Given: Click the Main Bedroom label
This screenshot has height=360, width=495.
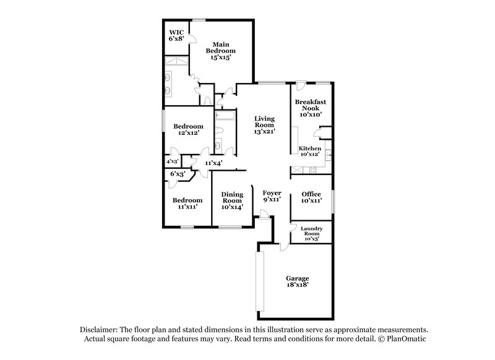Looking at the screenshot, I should tap(222, 49).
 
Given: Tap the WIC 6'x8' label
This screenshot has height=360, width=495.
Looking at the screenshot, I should tap(176, 34).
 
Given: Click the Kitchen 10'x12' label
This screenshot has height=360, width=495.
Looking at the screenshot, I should tap(309, 152).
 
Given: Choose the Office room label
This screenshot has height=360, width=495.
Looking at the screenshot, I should tap(310, 197).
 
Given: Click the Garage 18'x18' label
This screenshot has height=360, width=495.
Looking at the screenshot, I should tap(297, 281).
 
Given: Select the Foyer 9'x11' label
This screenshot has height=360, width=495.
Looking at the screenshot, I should tap(272, 197).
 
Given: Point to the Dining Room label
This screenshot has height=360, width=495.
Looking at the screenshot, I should tap(232, 201).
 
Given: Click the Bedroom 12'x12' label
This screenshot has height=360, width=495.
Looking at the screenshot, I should tap(187, 129).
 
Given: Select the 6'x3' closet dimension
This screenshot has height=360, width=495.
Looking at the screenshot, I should tap(178, 174).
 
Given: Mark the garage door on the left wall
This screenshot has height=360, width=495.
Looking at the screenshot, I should tap(260, 281).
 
